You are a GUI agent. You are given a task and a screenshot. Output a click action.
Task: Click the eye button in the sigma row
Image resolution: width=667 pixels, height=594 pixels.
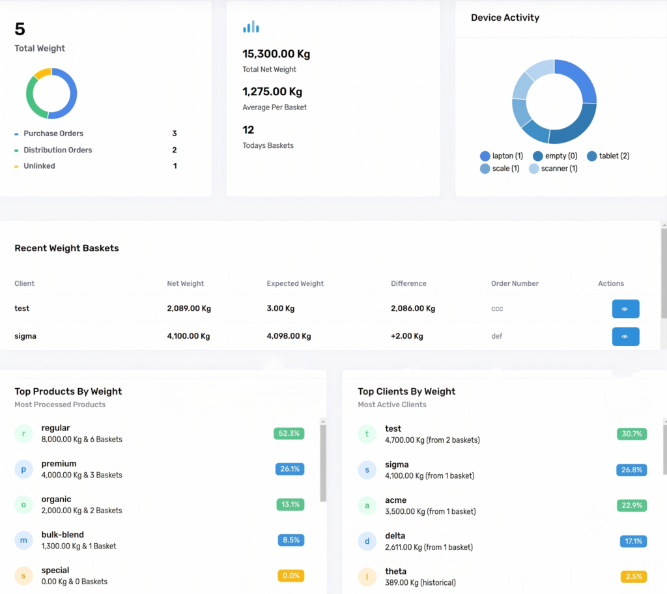point(625,336)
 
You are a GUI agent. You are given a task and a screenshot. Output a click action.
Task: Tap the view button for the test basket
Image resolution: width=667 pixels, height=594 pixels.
point(625,309)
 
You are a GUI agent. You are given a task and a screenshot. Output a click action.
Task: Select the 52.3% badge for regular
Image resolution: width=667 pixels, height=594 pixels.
point(289,433)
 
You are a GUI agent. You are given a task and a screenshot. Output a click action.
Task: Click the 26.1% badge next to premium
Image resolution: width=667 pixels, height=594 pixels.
point(290,469)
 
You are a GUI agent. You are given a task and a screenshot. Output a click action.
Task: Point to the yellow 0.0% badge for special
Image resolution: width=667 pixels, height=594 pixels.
point(291,576)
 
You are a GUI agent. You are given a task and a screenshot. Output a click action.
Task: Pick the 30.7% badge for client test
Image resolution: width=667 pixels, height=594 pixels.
point(632,434)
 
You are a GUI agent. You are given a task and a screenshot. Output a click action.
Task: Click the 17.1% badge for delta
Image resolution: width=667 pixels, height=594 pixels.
point(633,541)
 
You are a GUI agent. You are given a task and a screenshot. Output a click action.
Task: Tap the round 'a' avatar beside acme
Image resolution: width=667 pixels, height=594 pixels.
point(367,505)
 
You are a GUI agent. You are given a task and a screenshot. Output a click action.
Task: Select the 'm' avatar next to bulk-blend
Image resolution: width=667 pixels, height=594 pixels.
point(24,541)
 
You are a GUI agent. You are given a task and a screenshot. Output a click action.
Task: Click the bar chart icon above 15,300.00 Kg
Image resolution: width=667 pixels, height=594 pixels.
point(251,27)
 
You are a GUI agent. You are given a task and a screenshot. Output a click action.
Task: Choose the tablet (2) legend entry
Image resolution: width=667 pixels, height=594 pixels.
point(608,156)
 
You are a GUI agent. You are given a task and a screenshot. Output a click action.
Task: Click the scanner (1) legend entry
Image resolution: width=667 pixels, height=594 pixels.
point(554,169)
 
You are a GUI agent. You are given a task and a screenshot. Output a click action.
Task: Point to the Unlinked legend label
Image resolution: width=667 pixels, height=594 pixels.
point(39,166)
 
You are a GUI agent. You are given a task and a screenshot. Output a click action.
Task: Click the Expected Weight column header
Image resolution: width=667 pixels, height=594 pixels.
point(295,283)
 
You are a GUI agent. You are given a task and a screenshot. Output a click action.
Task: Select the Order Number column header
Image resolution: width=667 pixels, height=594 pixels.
point(515,283)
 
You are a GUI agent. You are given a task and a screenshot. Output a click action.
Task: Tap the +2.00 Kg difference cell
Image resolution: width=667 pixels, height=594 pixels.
point(407,336)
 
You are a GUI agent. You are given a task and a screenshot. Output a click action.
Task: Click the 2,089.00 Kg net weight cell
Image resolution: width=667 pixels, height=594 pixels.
point(189,309)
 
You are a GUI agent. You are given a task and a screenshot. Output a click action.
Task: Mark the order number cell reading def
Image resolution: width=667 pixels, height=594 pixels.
point(497,336)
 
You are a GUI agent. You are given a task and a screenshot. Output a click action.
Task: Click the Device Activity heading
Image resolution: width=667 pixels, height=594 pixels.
point(505,18)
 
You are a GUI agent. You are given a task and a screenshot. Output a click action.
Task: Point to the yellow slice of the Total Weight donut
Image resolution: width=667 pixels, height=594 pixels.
point(42,73)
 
